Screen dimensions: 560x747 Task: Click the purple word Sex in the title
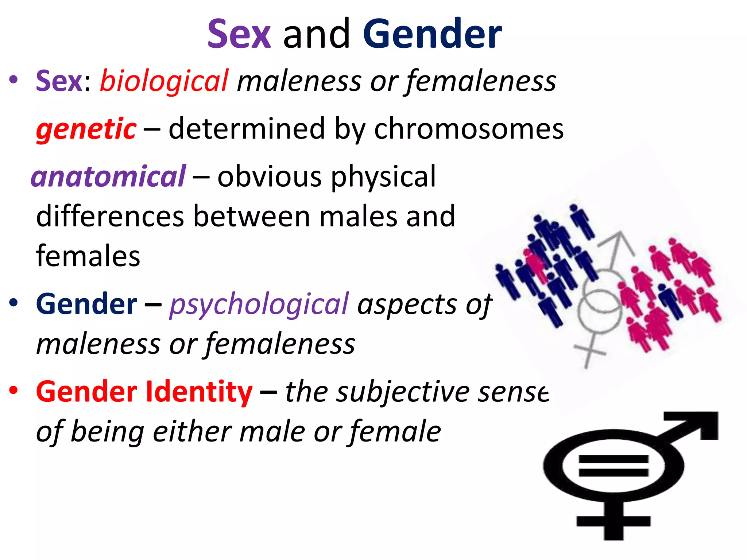tap(239, 34)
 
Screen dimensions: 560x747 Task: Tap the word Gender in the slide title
tap(432, 34)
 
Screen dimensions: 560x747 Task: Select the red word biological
tap(164, 81)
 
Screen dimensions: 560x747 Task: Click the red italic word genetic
tap(86, 129)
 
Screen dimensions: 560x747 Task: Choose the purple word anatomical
tap(109, 176)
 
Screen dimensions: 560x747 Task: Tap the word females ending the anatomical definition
tap(88, 256)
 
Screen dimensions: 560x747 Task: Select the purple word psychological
tap(259, 304)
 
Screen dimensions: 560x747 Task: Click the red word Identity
tap(199, 392)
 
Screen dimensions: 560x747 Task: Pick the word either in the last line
tap(191, 432)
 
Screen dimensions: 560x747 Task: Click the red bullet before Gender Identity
tap(13, 390)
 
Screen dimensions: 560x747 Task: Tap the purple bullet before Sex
tap(13, 79)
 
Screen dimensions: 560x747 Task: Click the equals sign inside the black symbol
tap(614, 466)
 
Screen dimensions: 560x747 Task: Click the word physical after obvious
tap(383, 176)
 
